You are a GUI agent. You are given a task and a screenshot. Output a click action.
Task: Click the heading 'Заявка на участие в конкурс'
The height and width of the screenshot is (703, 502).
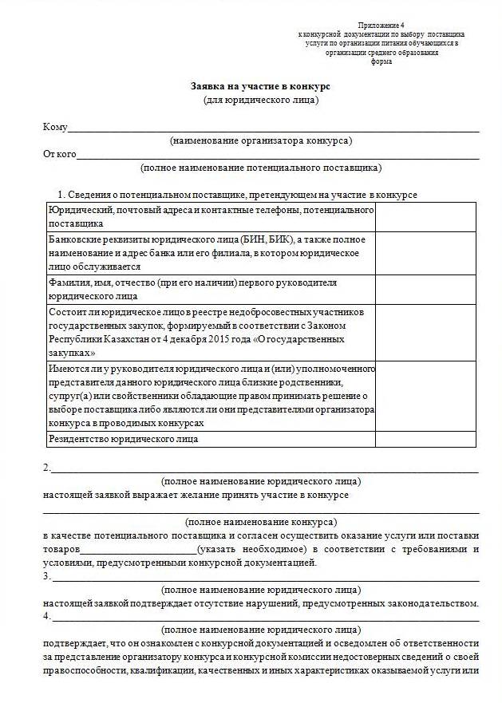click(x=260, y=85)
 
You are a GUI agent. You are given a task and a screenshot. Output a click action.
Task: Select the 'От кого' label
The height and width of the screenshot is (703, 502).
click(x=59, y=154)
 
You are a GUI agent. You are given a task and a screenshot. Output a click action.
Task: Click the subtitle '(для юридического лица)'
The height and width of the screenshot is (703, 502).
click(x=260, y=100)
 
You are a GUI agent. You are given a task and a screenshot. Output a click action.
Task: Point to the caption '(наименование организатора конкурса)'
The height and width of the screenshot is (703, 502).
click(x=260, y=140)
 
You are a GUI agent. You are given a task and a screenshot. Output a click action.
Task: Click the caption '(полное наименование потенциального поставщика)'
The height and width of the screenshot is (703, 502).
click(x=260, y=168)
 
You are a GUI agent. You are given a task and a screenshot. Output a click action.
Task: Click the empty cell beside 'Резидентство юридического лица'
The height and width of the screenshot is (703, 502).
click(x=425, y=439)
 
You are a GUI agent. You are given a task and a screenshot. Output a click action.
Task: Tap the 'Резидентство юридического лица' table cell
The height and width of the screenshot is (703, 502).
click(x=124, y=439)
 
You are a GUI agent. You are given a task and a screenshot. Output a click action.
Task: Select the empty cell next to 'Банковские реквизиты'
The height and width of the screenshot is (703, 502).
click(x=425, y=253)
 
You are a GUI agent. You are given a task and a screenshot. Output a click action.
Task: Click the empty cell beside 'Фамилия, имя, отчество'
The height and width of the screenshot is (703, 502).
click(x=425, y=288)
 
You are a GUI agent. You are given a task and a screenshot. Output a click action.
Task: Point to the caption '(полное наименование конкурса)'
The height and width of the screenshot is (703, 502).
click(x=260, y=522)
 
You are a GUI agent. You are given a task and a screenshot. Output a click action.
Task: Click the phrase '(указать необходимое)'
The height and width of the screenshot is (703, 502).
click(x=251, y=550)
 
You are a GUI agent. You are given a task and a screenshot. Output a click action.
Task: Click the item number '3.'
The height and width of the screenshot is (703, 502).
click(x=47, y=576)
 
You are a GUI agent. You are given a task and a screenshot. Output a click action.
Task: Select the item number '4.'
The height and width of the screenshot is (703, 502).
click(x=47, y=616)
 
